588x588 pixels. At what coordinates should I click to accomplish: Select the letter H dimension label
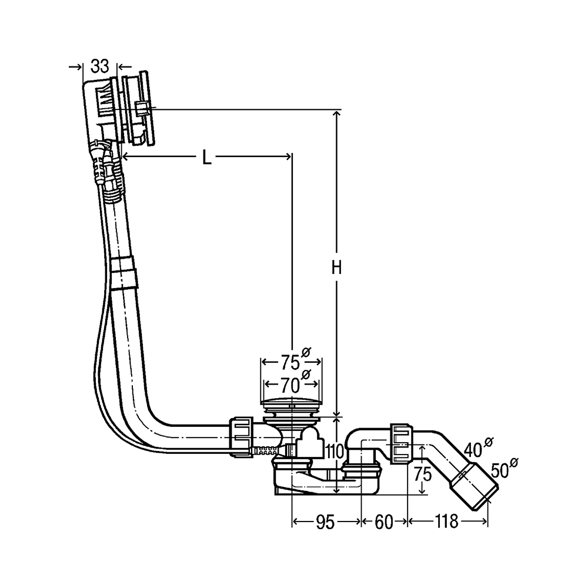point(336,269)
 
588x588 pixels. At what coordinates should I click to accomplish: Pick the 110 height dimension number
point(335,452)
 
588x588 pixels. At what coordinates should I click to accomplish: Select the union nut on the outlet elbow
point(401,443)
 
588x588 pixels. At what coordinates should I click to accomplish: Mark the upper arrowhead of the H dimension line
point(337,113)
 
